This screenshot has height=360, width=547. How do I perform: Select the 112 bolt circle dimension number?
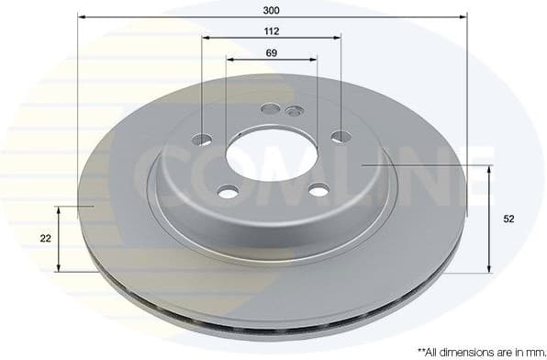pyautogui.click(x=271, y=30)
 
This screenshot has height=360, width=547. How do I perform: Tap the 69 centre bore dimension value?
pyautogui.click(x=271, y=52)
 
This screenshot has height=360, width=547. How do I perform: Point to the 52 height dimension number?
pyautogui.click(x=510, y=219)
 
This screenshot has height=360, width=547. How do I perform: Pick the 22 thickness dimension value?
pyautogui.click(x=45, y=238)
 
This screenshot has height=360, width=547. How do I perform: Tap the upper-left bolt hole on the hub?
pyautogui.click(x=203, y=140)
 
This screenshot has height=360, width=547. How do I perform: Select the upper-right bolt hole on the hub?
pyautogui.click(x=340, y=137)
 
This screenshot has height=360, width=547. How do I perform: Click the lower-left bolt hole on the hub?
pyautogui.click(x=228, y=191)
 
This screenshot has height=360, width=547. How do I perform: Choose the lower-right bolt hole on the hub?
pyautogui.click(x=318, y=190)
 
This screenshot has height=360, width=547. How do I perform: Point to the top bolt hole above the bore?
pyautogui.click(x=270, y=108)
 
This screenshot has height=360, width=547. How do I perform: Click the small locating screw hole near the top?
pyautogui.click(x=294, y=111)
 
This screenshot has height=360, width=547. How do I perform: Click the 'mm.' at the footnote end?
pyautogui.click(x=533, y=351)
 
